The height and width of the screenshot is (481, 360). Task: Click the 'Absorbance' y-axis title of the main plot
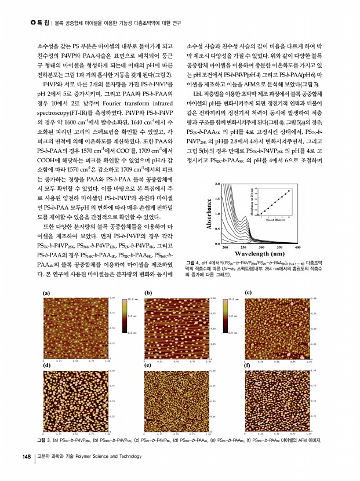coord(209,214)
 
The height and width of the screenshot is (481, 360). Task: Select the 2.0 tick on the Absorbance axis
coord(217,184)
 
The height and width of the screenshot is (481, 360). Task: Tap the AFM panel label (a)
coord(46,293)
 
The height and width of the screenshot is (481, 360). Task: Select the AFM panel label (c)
coord(249,293)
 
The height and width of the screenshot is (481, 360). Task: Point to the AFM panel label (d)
coord(46,366)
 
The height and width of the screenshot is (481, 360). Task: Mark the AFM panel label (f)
coord(249,366)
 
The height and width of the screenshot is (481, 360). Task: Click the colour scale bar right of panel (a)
coord(124,315)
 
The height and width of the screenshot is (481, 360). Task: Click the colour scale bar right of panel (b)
coord(226,315)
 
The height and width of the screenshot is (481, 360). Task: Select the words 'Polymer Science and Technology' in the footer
coord(103,457)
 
